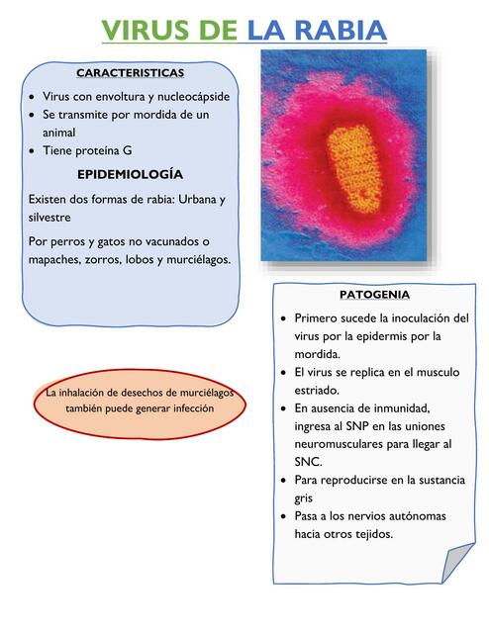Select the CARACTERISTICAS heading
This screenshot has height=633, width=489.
click(131, 73)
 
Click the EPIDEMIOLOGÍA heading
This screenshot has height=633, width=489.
click(131, 174)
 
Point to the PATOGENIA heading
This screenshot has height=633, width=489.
click(374, 295)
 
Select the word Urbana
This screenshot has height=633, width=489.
click(186, 199)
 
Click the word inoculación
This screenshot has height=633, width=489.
click(408, 318)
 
